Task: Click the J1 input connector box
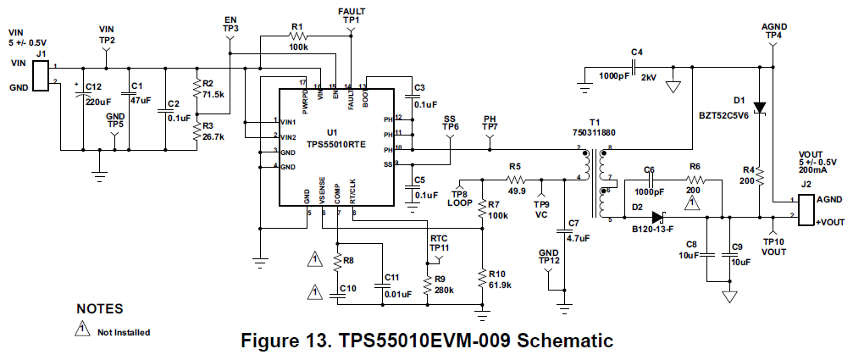coord(39,73)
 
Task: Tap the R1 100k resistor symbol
coord(297,37)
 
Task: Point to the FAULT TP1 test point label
coord(352,14)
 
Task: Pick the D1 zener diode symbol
coord(760,107)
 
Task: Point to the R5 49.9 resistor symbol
coord(517,180)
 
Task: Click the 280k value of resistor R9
coord(446,290)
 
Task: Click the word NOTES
coord(100,309)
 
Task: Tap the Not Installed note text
coord(124,332)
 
